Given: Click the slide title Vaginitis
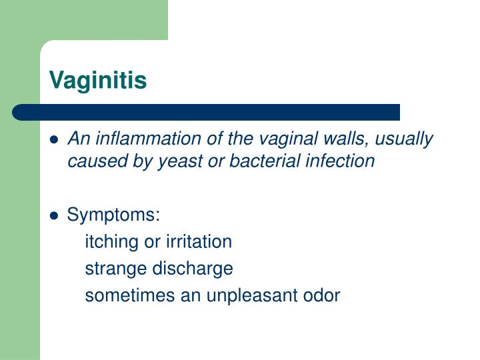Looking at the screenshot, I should click(98, 81).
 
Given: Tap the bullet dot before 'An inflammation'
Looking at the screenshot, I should click(55, 140).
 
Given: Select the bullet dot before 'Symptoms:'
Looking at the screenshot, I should click(55, 216).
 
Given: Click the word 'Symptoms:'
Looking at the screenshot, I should click(114, 215).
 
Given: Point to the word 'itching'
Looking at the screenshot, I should click(111, 242).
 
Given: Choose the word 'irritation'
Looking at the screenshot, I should click(195, 241).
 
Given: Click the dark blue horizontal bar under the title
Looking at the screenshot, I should click(206, 112).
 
